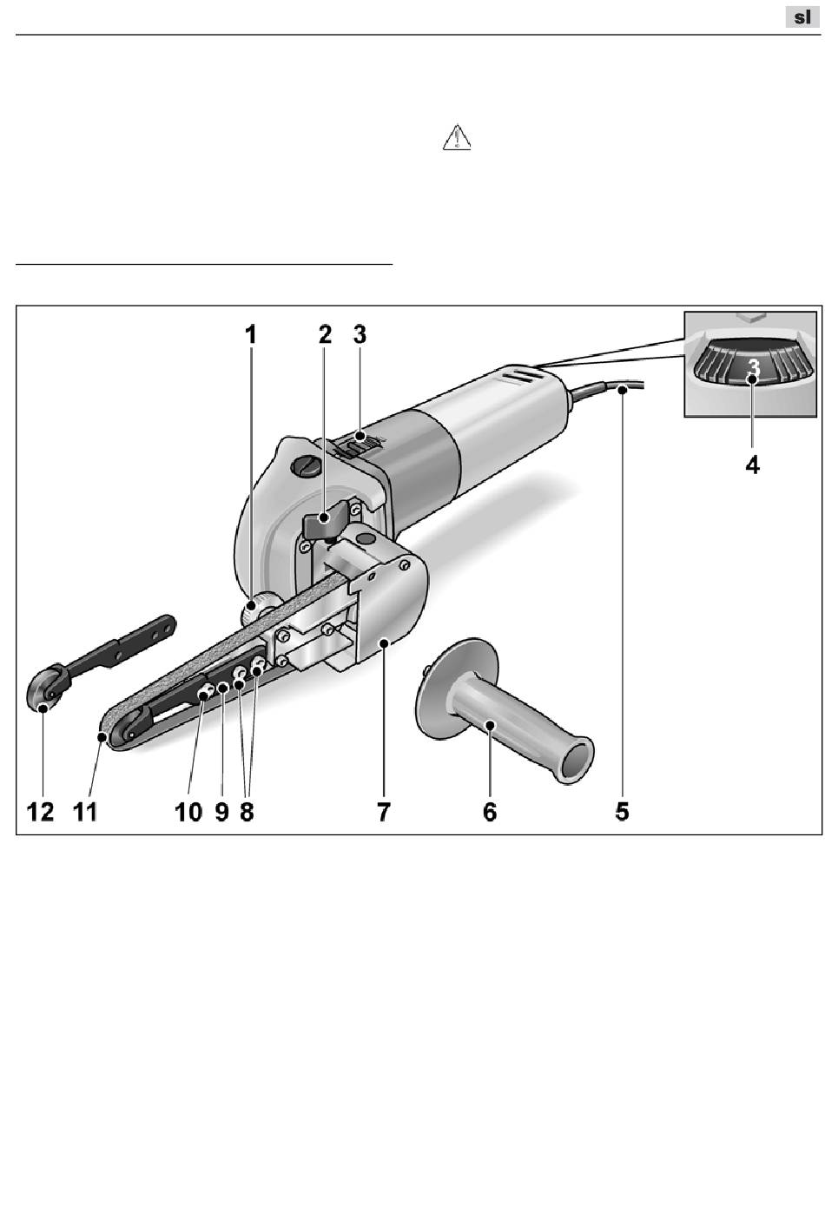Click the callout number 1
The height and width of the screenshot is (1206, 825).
coord(251,334)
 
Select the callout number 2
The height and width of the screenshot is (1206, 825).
coord(325,334)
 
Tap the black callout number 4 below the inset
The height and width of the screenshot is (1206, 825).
coord(752,465)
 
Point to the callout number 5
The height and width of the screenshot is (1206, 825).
coord(623,812)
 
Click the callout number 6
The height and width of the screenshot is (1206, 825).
coord(490,812)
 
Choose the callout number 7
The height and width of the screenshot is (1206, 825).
coord(383,812)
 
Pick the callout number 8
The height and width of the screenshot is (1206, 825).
coord(247,812)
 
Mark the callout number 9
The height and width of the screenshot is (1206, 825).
coord(221,812)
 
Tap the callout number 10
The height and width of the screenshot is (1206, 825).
coord(188,812)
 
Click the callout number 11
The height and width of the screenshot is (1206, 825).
coord(85,812)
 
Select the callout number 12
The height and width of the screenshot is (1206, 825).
coord(41,812)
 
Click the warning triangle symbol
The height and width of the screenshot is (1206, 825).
coord(457,139)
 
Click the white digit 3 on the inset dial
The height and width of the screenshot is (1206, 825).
coord(754,368)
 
